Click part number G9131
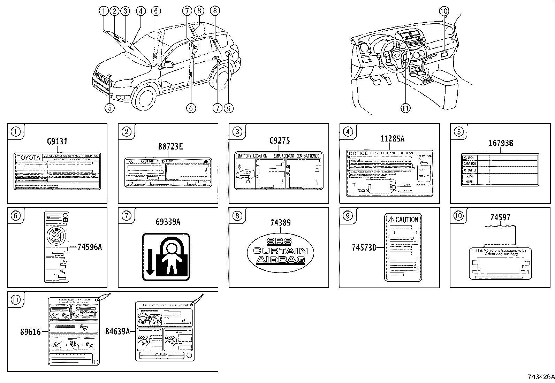(57, 141)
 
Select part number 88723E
(170, 146)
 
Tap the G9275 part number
(279, 141)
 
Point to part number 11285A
(392, 139)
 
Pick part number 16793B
(500, 143)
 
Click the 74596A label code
(90, 247)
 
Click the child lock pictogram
(166, 256)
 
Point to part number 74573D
(364, 247)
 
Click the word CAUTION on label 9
(406, 220)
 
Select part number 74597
(500, 217)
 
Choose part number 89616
(31, 332)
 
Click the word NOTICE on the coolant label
(358, 153)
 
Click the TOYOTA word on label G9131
(29, 158)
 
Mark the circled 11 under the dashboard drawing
(405, 108)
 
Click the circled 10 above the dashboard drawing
(444, 11)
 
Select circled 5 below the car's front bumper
(109, 108)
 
